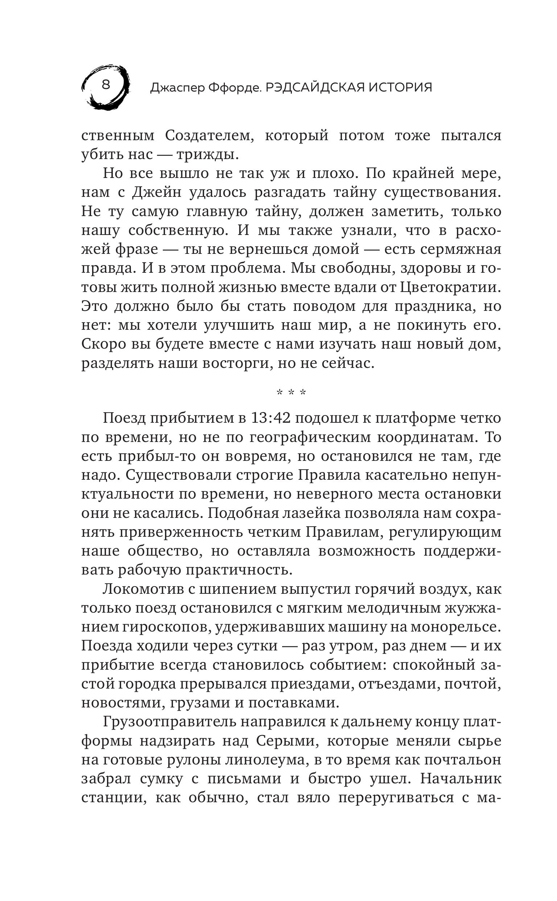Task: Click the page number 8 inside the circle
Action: coord(106,85)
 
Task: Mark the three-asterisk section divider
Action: coord(292,393)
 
